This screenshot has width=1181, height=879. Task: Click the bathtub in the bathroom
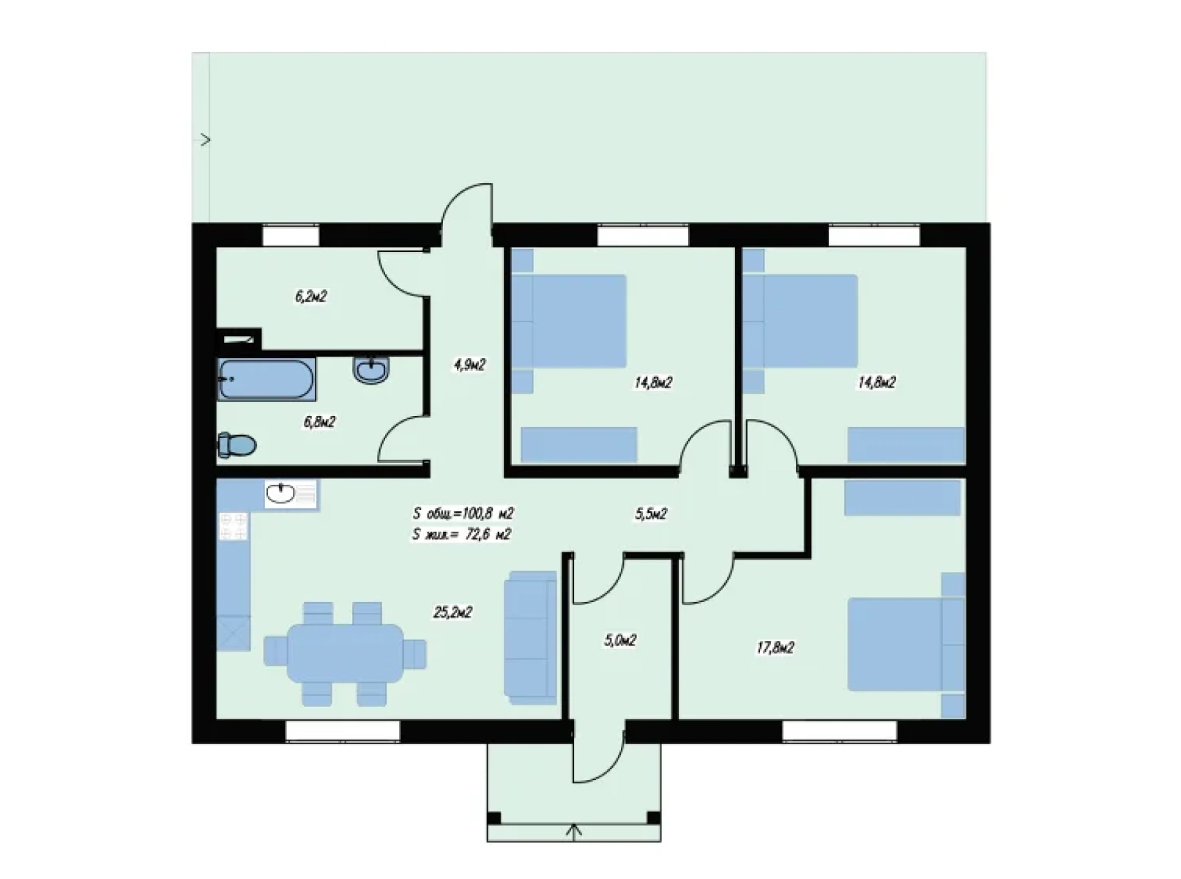click(267, 379)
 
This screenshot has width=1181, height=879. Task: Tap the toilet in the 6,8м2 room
click(237, 445)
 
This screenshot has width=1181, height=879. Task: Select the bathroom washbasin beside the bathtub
click(372, 370)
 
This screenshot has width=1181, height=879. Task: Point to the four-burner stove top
click(234, 526)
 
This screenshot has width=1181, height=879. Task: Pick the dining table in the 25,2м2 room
click(345, 653)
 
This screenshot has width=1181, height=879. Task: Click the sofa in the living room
click(530, 638)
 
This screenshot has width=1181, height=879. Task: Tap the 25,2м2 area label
click(452, 612)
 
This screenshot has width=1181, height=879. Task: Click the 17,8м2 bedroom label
click(775, 648)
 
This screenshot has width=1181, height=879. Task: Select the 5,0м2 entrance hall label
click(619, 641)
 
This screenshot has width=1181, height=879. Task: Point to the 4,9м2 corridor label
click(469, 365)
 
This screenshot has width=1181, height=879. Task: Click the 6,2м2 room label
click(311, 297)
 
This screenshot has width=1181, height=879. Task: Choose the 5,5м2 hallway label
click(651, 513)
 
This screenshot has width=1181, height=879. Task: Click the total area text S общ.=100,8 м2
click(463, 513)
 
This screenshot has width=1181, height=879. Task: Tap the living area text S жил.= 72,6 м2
click(462, 534)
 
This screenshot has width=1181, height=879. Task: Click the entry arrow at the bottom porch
click(574, 832)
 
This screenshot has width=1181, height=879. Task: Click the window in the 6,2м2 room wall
click(291, 236)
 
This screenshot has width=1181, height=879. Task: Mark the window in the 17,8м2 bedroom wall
click(840, 731)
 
